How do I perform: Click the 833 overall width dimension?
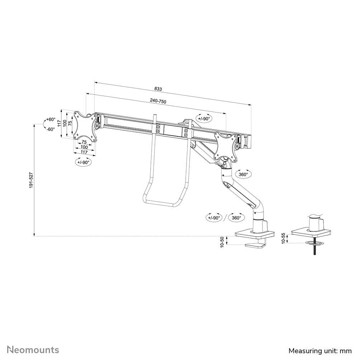tap(158, 89)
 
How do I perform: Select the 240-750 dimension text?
tap(158, 101)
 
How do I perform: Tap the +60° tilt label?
tap(51, 119)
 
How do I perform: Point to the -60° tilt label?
tap(51, 129)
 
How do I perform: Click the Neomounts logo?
tap(33, 349)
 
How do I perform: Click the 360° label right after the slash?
tap(236, 217)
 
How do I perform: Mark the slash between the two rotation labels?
tap(225, 217)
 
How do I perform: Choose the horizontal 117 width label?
tap(84, 152)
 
